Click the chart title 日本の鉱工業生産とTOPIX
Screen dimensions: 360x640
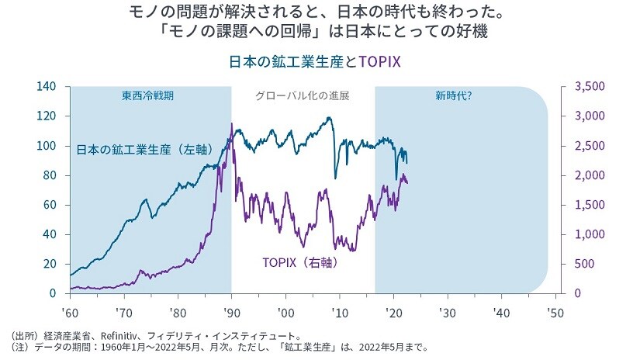tap(314, 61)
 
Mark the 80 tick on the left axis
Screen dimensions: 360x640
tap(51, 175)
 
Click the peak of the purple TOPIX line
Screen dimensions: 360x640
tap(231, 124)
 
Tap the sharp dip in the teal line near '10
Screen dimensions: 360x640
tap(335, 178)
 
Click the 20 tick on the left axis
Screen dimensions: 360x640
tap(51, 264)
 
